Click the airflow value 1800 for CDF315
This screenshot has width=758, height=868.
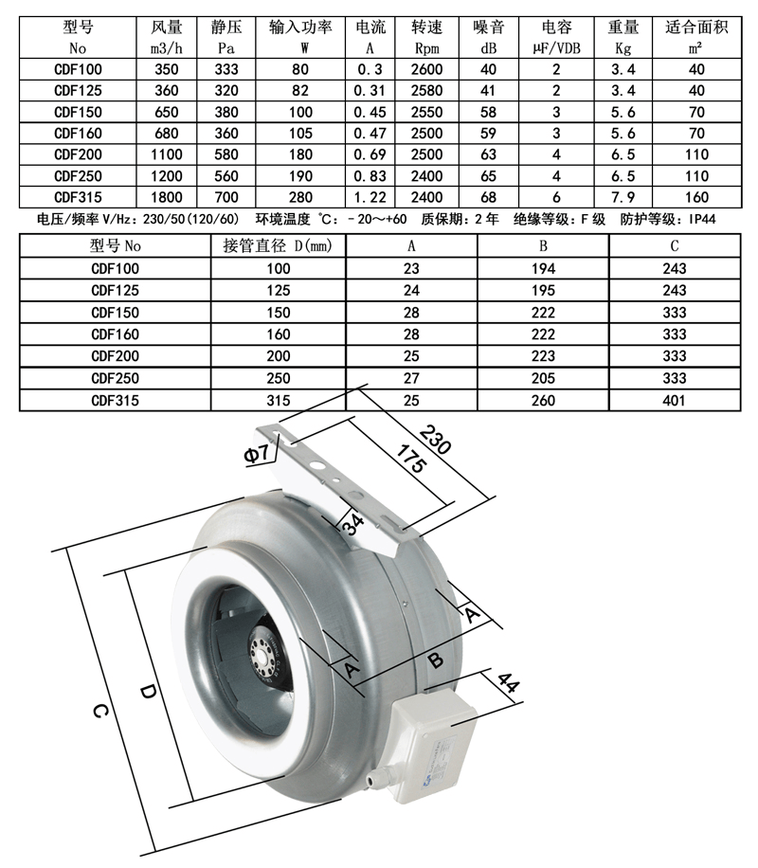167,196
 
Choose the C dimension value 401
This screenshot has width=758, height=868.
675,401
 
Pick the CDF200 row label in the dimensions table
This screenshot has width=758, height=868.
114,357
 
